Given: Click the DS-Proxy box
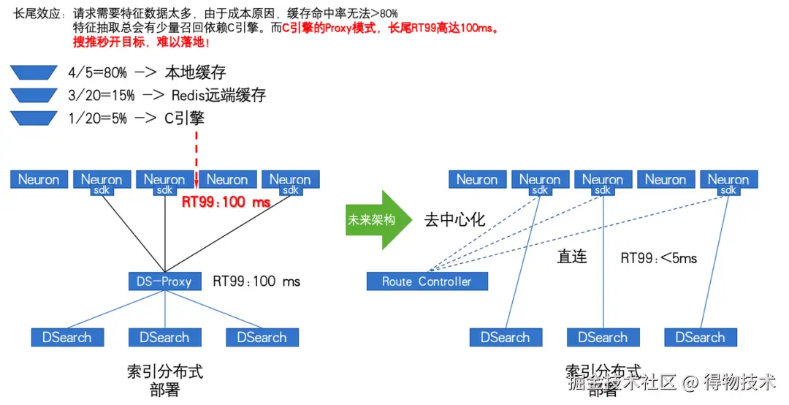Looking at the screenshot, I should [164, 281].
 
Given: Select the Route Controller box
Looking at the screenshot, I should [427, 281].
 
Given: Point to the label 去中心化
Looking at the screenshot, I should [454, 220].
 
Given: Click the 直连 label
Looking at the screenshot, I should [572, 257].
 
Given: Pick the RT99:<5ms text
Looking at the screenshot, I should [658, 257].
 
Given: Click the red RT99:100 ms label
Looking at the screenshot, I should [226, 202].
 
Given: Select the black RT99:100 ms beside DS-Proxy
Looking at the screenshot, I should [256, 281].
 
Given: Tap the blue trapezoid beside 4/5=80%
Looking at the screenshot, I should [34, 72].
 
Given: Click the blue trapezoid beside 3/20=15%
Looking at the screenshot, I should [34, 94].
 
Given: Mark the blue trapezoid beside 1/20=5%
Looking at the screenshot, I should [34, 118].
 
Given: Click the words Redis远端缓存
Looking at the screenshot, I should [218, 95].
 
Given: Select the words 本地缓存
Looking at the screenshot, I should [195, 72].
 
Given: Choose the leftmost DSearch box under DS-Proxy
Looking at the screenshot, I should [67, 337].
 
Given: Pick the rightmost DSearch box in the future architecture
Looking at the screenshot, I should [701, 337].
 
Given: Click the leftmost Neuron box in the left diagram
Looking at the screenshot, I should [39, 179].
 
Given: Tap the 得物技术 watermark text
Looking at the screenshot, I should [739, 382].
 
